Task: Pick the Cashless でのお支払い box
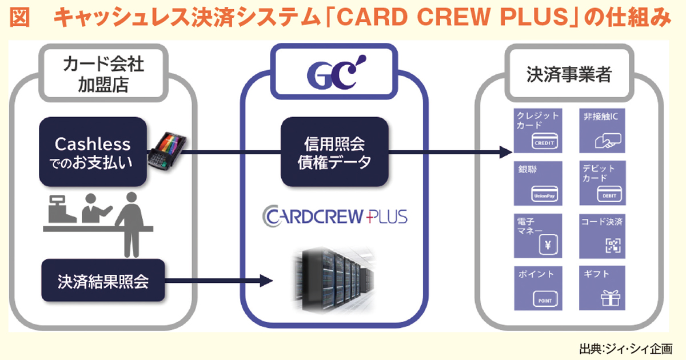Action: (x=92, y=152)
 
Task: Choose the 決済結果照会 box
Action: (x=103, y=281)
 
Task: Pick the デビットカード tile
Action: (x=603, y=183)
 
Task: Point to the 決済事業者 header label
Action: (x=568, y=75)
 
